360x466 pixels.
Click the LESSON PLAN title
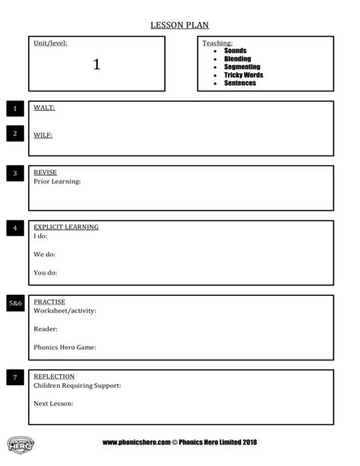click(180, 25)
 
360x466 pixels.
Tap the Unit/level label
click(50, 43)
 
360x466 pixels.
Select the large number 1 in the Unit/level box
click(96, 65)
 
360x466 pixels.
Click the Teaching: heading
click(217, 43)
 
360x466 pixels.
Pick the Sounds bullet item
click(235, 51)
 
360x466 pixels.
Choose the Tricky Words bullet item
click(244, 75)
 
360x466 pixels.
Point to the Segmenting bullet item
click(242, 67)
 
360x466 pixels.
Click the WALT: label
click(44, 108)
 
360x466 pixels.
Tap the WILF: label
click(43, 135)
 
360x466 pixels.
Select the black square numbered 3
click(15, 174)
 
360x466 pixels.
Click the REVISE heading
click(45, 173)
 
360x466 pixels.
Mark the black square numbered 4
click(15, 228)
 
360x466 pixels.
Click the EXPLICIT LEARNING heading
click(66, 227)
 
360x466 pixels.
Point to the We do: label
click(44, 255)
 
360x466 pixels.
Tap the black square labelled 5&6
click(15, 303)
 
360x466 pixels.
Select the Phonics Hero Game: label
click(65, 347)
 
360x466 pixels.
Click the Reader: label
click(46, 328)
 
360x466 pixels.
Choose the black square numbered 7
click(15, 377)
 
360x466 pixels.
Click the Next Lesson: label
click(53, 403)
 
